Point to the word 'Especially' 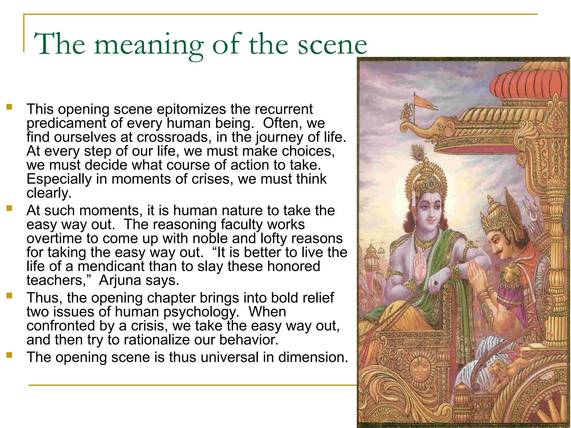59,179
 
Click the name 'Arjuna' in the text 120,280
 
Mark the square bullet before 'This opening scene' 9,107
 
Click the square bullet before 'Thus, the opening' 9,295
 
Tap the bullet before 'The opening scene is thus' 9,355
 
